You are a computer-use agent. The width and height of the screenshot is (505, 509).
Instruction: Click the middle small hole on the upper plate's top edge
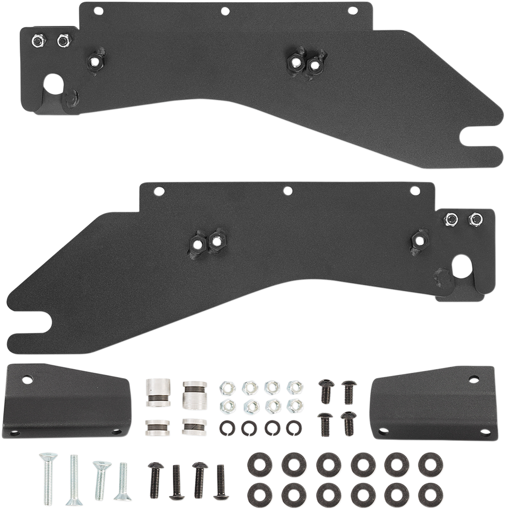[x=225, y=10]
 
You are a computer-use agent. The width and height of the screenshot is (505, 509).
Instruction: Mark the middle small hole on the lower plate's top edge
[x=288, y=190]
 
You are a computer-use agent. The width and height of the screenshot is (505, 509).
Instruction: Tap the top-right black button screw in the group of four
[x=349, y=388]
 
